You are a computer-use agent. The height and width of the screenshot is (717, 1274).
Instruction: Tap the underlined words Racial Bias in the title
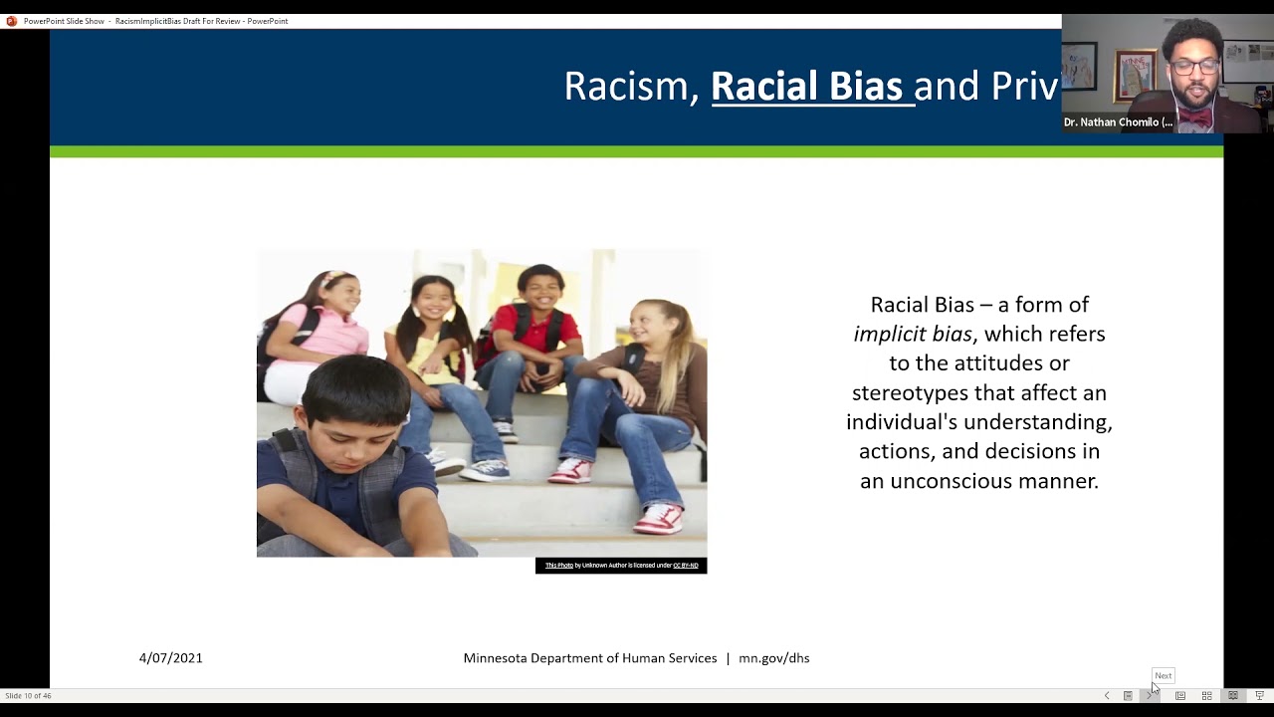(x=806, y=87)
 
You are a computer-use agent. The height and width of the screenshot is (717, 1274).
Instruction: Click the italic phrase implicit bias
(x=912, y=334)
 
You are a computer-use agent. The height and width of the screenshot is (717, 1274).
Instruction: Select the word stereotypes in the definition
(x=910, y=392)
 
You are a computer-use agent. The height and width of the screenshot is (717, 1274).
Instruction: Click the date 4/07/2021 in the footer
(x=171, y=658)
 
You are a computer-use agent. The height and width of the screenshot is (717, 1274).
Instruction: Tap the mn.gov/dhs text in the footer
(x=773, y=658)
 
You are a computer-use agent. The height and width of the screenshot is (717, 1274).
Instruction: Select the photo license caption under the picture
(x=621, y=566)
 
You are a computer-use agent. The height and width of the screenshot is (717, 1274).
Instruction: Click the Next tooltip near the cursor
(x=1163, y=675)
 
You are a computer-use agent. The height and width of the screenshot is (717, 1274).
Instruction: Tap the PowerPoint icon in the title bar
(x=12, y=21)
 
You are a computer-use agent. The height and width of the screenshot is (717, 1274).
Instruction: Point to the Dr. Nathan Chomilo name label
(x=1118, y=122)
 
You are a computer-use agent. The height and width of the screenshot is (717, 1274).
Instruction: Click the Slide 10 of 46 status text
(x=29, y=695)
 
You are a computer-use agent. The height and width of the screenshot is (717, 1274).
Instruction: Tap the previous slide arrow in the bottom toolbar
(x=1107, y=695)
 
